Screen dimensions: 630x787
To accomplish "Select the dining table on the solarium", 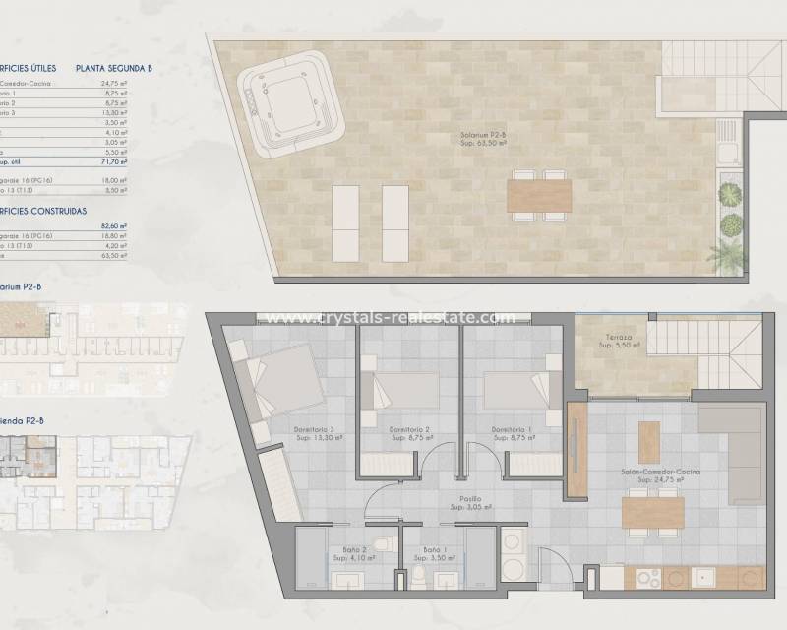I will click(x=538, y=193).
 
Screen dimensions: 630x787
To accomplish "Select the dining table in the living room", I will click(x=652, y=511).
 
